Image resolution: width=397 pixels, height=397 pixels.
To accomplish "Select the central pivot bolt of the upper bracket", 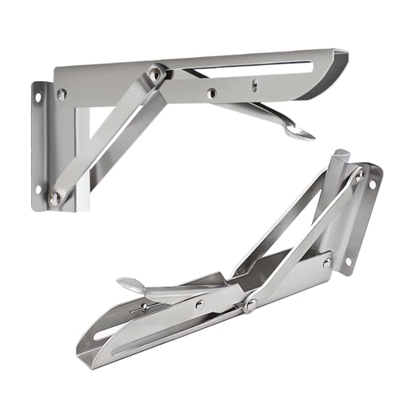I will (156, 73).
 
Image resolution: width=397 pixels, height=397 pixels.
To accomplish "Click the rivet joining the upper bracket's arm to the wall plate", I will (62, 94).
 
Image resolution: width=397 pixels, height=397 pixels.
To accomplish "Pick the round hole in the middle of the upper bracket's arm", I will (211, 94).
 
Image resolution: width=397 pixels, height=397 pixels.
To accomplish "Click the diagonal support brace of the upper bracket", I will (103, 135).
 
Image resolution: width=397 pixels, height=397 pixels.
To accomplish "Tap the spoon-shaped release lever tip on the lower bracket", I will (129, 284).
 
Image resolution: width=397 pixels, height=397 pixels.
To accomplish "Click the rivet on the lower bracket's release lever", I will (199, 303).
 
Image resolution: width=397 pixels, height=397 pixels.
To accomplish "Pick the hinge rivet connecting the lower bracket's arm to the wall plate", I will (326, 263).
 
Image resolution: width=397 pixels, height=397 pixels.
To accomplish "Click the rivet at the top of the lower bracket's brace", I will (359, 176).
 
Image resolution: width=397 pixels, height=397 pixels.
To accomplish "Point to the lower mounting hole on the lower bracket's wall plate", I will (348, 264).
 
